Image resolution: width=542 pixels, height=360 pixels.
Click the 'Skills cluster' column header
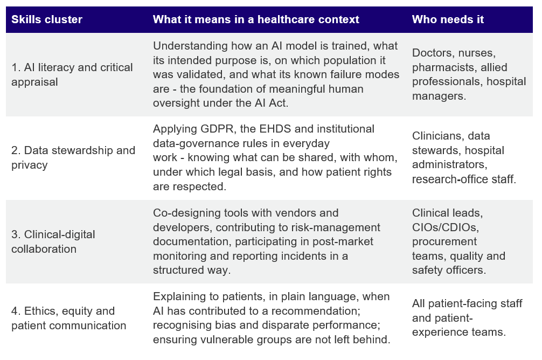[x=47, y=19]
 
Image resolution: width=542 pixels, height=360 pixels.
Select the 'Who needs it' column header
[x=448, y=19]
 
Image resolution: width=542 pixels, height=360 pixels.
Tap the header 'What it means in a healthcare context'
[x=256, y=19]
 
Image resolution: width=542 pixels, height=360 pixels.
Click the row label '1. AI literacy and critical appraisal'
[x=72, y=74]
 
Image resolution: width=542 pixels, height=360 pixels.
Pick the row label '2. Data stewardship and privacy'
[x=73, y=158]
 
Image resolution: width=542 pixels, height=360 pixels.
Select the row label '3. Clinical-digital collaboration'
[x=53, y=241]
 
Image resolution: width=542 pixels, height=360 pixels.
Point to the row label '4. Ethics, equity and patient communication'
[x=68, y=318]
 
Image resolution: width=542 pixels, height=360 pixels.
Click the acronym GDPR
[x=211, y=129]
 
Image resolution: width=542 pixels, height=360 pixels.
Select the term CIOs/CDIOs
[x=445, y=227]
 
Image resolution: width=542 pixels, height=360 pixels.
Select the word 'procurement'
[x=444, y=242]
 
